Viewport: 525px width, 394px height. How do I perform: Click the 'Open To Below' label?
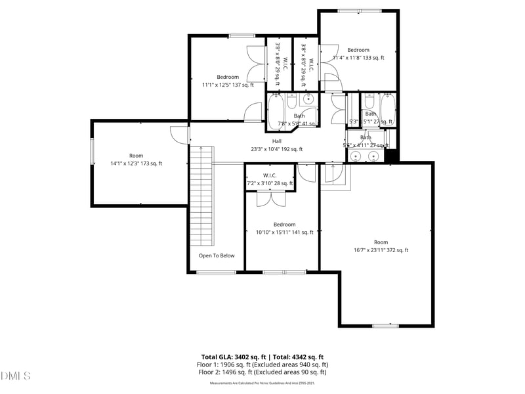(x=217, y=255)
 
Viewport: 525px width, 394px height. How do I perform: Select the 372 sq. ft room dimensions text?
(x=381, y=250)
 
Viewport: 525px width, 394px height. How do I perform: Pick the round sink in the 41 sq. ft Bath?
(x=308, y=100)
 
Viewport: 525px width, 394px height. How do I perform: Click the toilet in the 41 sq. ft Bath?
(x=292, y=102)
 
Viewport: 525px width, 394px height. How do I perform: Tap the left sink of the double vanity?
(x=356, y=156)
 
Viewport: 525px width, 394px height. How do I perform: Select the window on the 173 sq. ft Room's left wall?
(x=92, y=152)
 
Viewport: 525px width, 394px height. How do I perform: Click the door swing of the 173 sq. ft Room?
(x=178, y=133)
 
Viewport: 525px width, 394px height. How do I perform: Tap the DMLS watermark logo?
(x=16, y=376)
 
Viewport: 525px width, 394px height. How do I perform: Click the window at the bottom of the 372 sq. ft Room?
(x=385, y=326)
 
